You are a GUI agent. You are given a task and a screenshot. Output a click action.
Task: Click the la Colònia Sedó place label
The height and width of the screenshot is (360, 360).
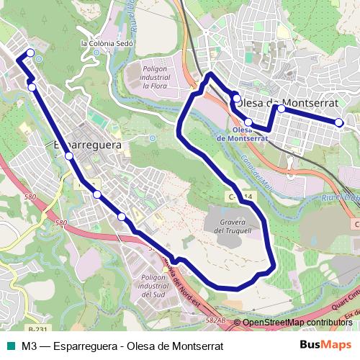point(108,42)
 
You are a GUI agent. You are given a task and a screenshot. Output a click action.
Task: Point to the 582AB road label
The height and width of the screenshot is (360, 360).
point(215,319)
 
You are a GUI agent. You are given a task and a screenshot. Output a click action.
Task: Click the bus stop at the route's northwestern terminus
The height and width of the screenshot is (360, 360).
point(30,53)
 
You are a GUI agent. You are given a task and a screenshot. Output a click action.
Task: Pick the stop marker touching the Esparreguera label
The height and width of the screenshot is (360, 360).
point(68,156)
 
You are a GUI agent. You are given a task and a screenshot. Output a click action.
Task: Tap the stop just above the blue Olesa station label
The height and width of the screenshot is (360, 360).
point(248,121)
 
